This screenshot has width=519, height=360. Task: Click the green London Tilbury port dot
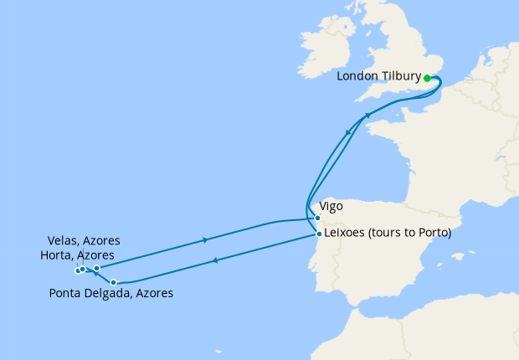pos(427,78)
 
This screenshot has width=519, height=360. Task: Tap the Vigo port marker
pos(317,219)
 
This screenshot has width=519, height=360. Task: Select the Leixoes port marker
pos(318,234)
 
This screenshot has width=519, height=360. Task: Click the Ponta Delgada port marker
pos(114,282)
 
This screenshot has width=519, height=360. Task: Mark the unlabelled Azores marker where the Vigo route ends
pos(96,269)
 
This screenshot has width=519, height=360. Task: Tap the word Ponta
pos(65,293)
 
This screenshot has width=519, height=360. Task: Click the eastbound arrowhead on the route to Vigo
pos(205,240)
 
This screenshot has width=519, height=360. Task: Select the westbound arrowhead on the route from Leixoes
pos(216,260)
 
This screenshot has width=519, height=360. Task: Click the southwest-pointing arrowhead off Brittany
pos(348,132)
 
